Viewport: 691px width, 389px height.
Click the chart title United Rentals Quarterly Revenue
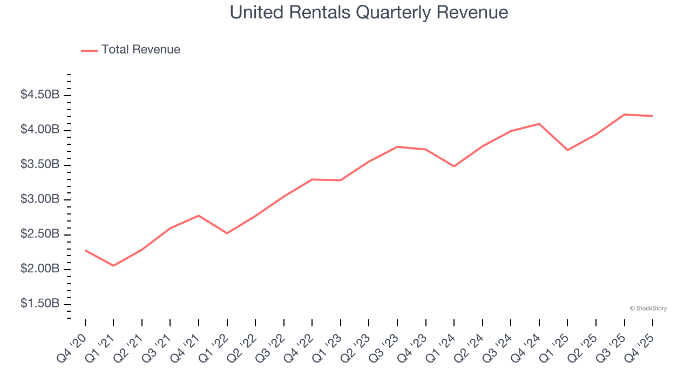tap(369, 12)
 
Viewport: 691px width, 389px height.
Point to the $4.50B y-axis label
tap(39, 95)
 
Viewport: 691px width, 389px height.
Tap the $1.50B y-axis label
tap(39, 304)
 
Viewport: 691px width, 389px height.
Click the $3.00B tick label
tap(39, 199)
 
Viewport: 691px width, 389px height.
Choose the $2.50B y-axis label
tap(39, 234)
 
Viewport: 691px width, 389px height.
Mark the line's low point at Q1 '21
tap(113, 266)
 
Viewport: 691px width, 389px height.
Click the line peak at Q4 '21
tap(199, 216)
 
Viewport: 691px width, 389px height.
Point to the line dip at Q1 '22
tap(227, 233)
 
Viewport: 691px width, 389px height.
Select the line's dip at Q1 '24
tap(454, 166)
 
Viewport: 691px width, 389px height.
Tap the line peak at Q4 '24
tap(539, 124)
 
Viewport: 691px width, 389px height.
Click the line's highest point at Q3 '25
tap(625, 115)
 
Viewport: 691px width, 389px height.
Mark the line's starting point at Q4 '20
tap(85, 250)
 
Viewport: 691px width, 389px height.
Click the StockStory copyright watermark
tap(648, 308)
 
